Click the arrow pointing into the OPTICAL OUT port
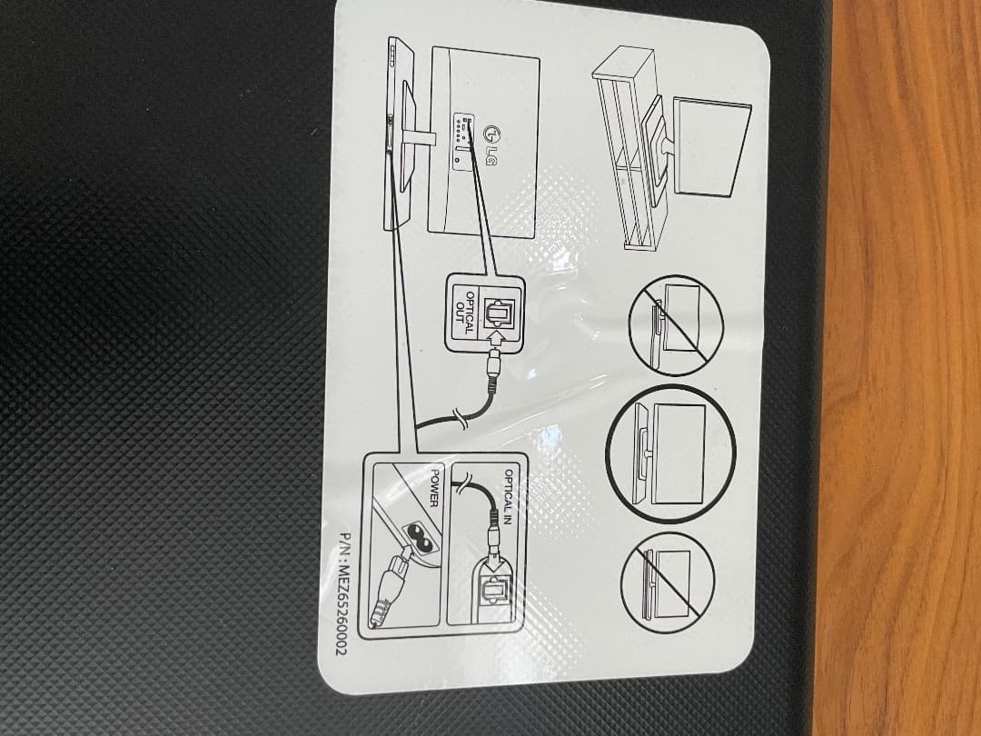497,339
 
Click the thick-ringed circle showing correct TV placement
670,453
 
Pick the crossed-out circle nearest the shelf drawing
677,326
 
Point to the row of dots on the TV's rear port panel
459,129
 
